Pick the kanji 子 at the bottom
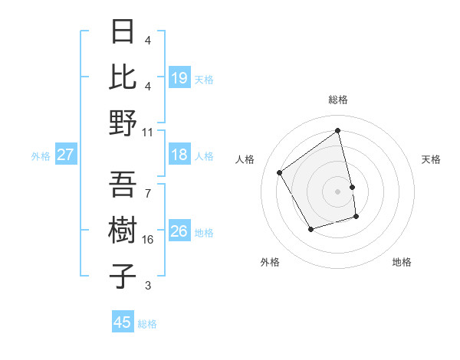[123, 276]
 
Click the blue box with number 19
[179, 78]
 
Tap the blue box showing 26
[179, 231]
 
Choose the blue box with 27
[65, 155]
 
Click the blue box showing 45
[123, 322]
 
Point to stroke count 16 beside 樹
[148, 240]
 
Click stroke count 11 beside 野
[148, 131]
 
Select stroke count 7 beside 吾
[148, 193]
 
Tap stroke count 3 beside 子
[148, 286]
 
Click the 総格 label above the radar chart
[338, 100]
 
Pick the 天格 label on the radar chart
[432, 159]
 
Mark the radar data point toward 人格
[280, 172]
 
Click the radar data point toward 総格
[338, 131]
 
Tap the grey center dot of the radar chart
[338, 191]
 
